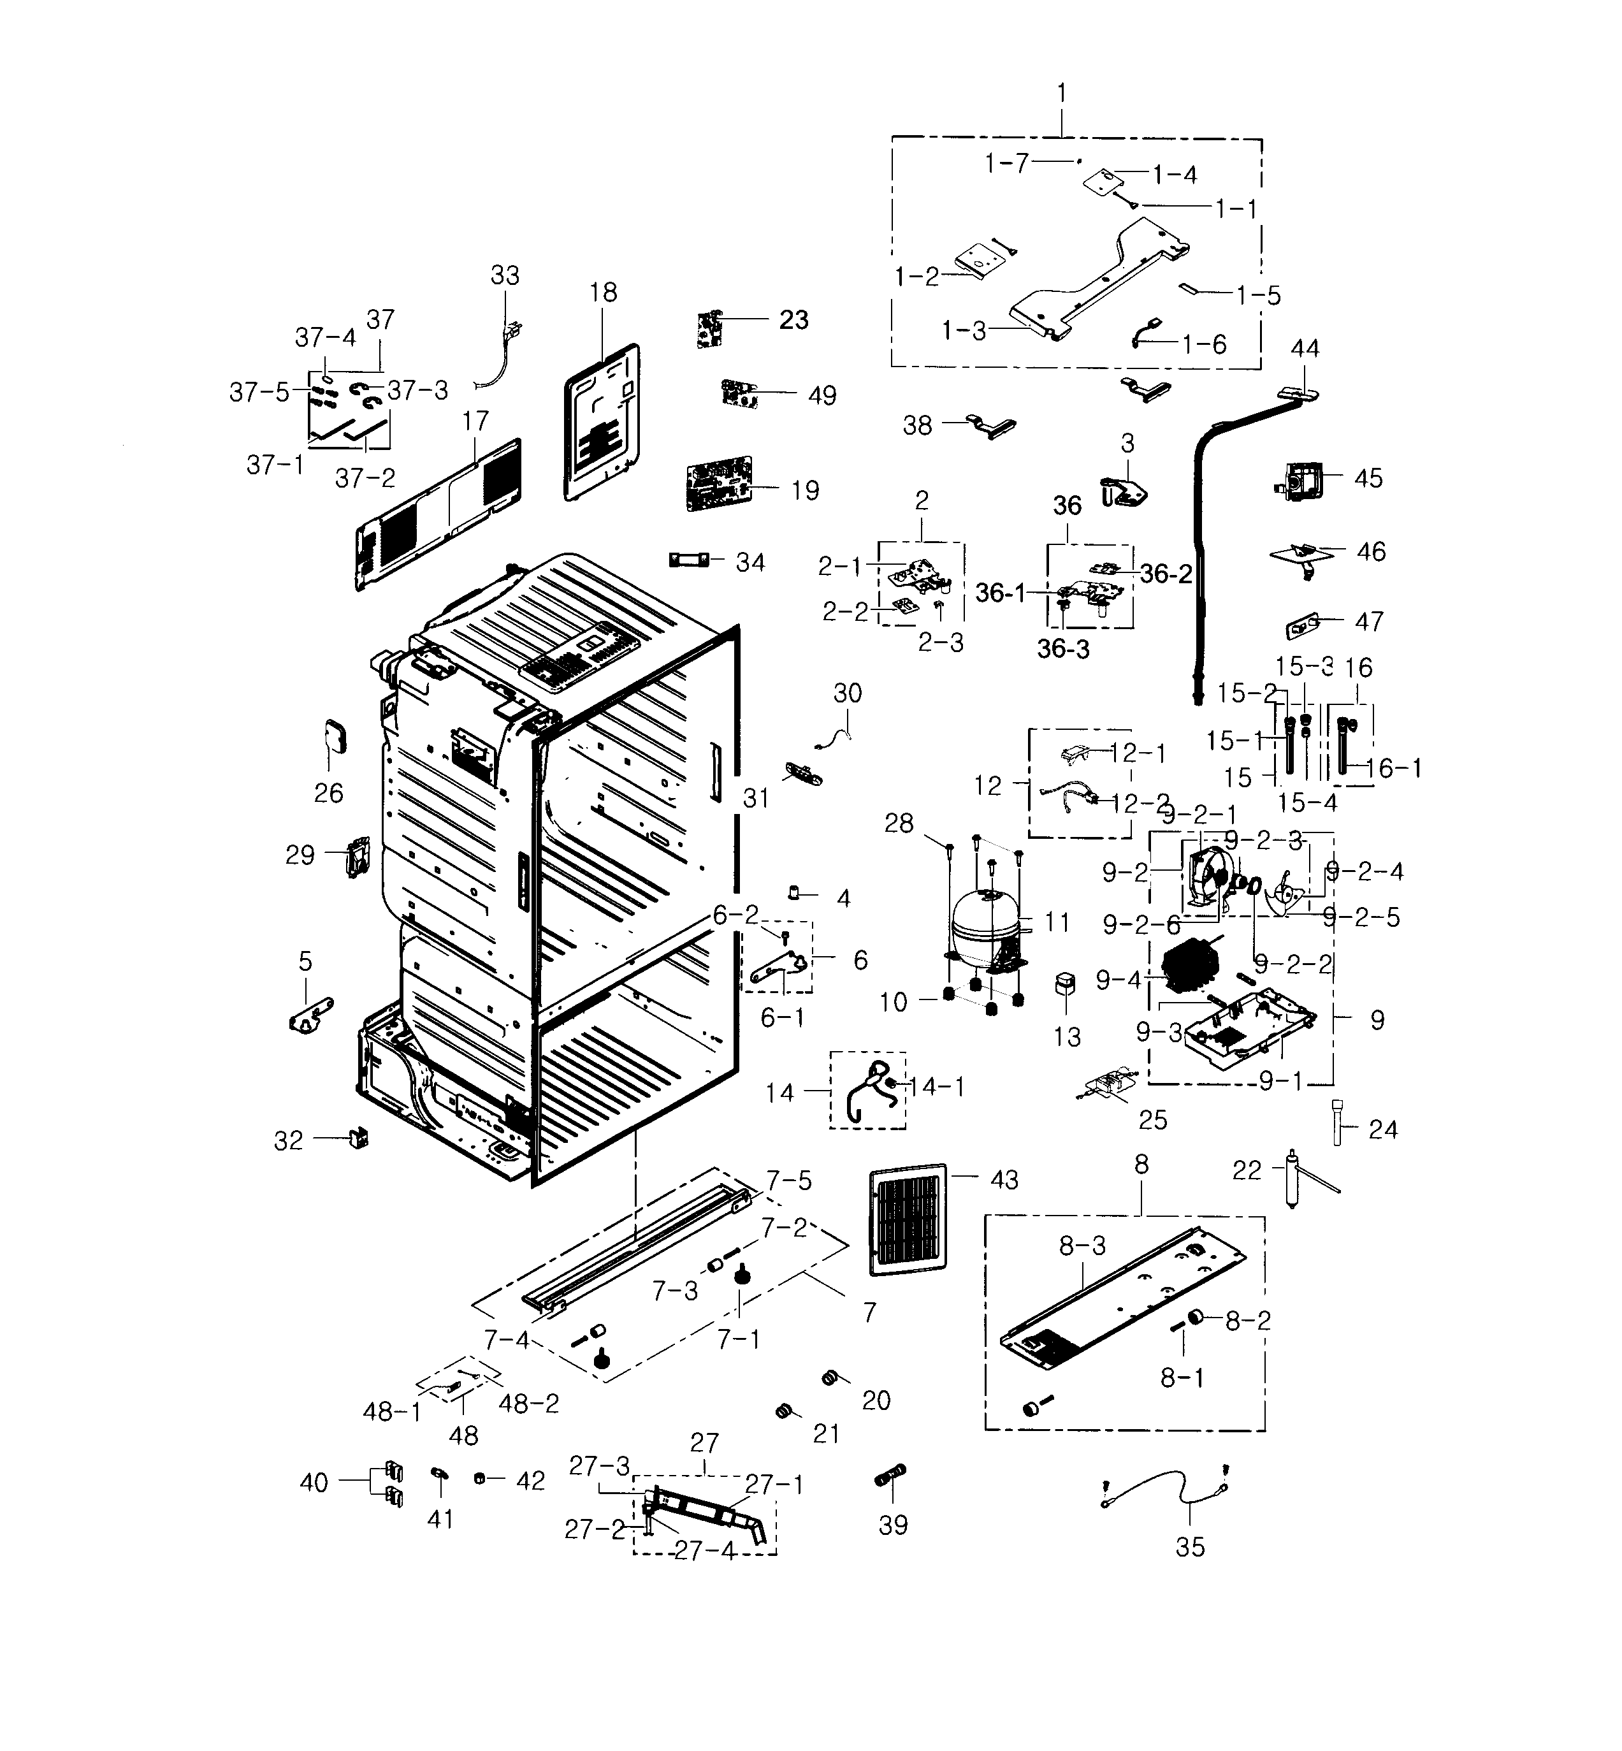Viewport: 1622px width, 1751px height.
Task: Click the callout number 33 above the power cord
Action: pos(505,275)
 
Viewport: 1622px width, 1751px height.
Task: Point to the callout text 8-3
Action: pos(1082,1245)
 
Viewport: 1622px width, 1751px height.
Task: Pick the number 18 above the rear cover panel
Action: pos(603,293)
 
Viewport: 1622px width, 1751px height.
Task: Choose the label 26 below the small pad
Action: pos(329,792)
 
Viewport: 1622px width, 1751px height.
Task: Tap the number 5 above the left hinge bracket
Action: pos(305,961)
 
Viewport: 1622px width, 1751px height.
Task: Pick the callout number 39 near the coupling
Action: pos(893,1525)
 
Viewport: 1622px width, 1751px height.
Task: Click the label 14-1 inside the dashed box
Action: pos(936,1087)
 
